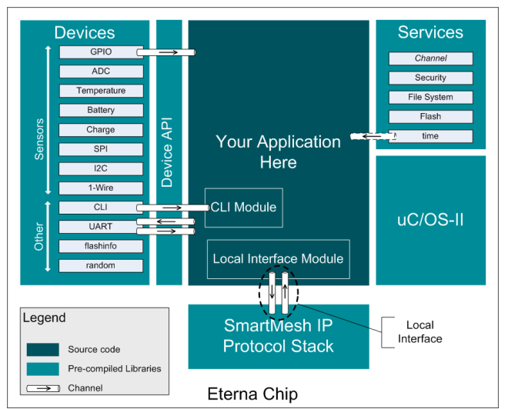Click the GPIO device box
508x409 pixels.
(x=101, y=52)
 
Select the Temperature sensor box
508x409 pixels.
(x=101, y=91)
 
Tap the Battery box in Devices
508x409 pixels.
(x=101, y=111)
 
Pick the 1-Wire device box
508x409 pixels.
(x=101, y=188)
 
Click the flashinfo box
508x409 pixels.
(x=101, y=246)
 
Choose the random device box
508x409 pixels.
(x=101, y=266)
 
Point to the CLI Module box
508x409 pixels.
(x=244, y=208)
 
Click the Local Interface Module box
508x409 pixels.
(x=279, y=259)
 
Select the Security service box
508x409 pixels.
(x=430, y=78)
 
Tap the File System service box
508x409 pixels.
(x=430, y=98)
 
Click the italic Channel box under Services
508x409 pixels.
(x=430, y=58)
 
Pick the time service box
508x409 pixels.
(x=430, y=136)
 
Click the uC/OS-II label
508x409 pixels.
(x=430, y=220)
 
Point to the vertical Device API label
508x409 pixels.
(x=167, y=152)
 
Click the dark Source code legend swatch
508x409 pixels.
(x=43, y=350)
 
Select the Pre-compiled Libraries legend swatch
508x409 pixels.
(x=43, y=369)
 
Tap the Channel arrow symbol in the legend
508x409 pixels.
(x=43, y=388)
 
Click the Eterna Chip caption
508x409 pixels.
(x=252, y=394)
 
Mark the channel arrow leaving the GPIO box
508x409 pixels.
(x=166, y=52)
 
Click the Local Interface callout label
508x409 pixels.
(x=420, y=332)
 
